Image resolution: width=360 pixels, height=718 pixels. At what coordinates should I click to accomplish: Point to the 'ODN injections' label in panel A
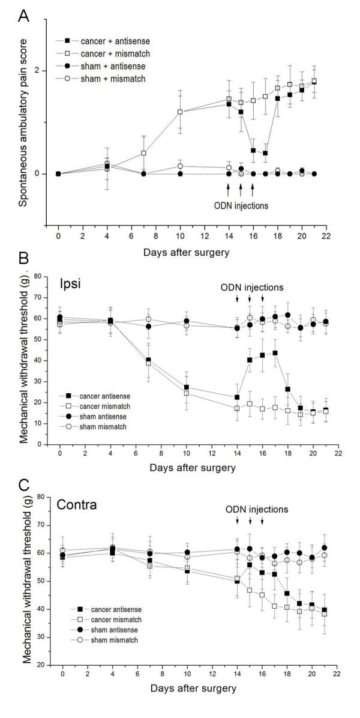click(241, 205)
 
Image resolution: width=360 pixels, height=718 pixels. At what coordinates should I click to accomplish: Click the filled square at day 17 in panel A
click(265, 153)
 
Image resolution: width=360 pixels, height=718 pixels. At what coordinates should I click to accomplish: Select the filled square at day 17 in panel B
click(275, 353)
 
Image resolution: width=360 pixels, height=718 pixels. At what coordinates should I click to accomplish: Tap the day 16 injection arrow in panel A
click(253, 189)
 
